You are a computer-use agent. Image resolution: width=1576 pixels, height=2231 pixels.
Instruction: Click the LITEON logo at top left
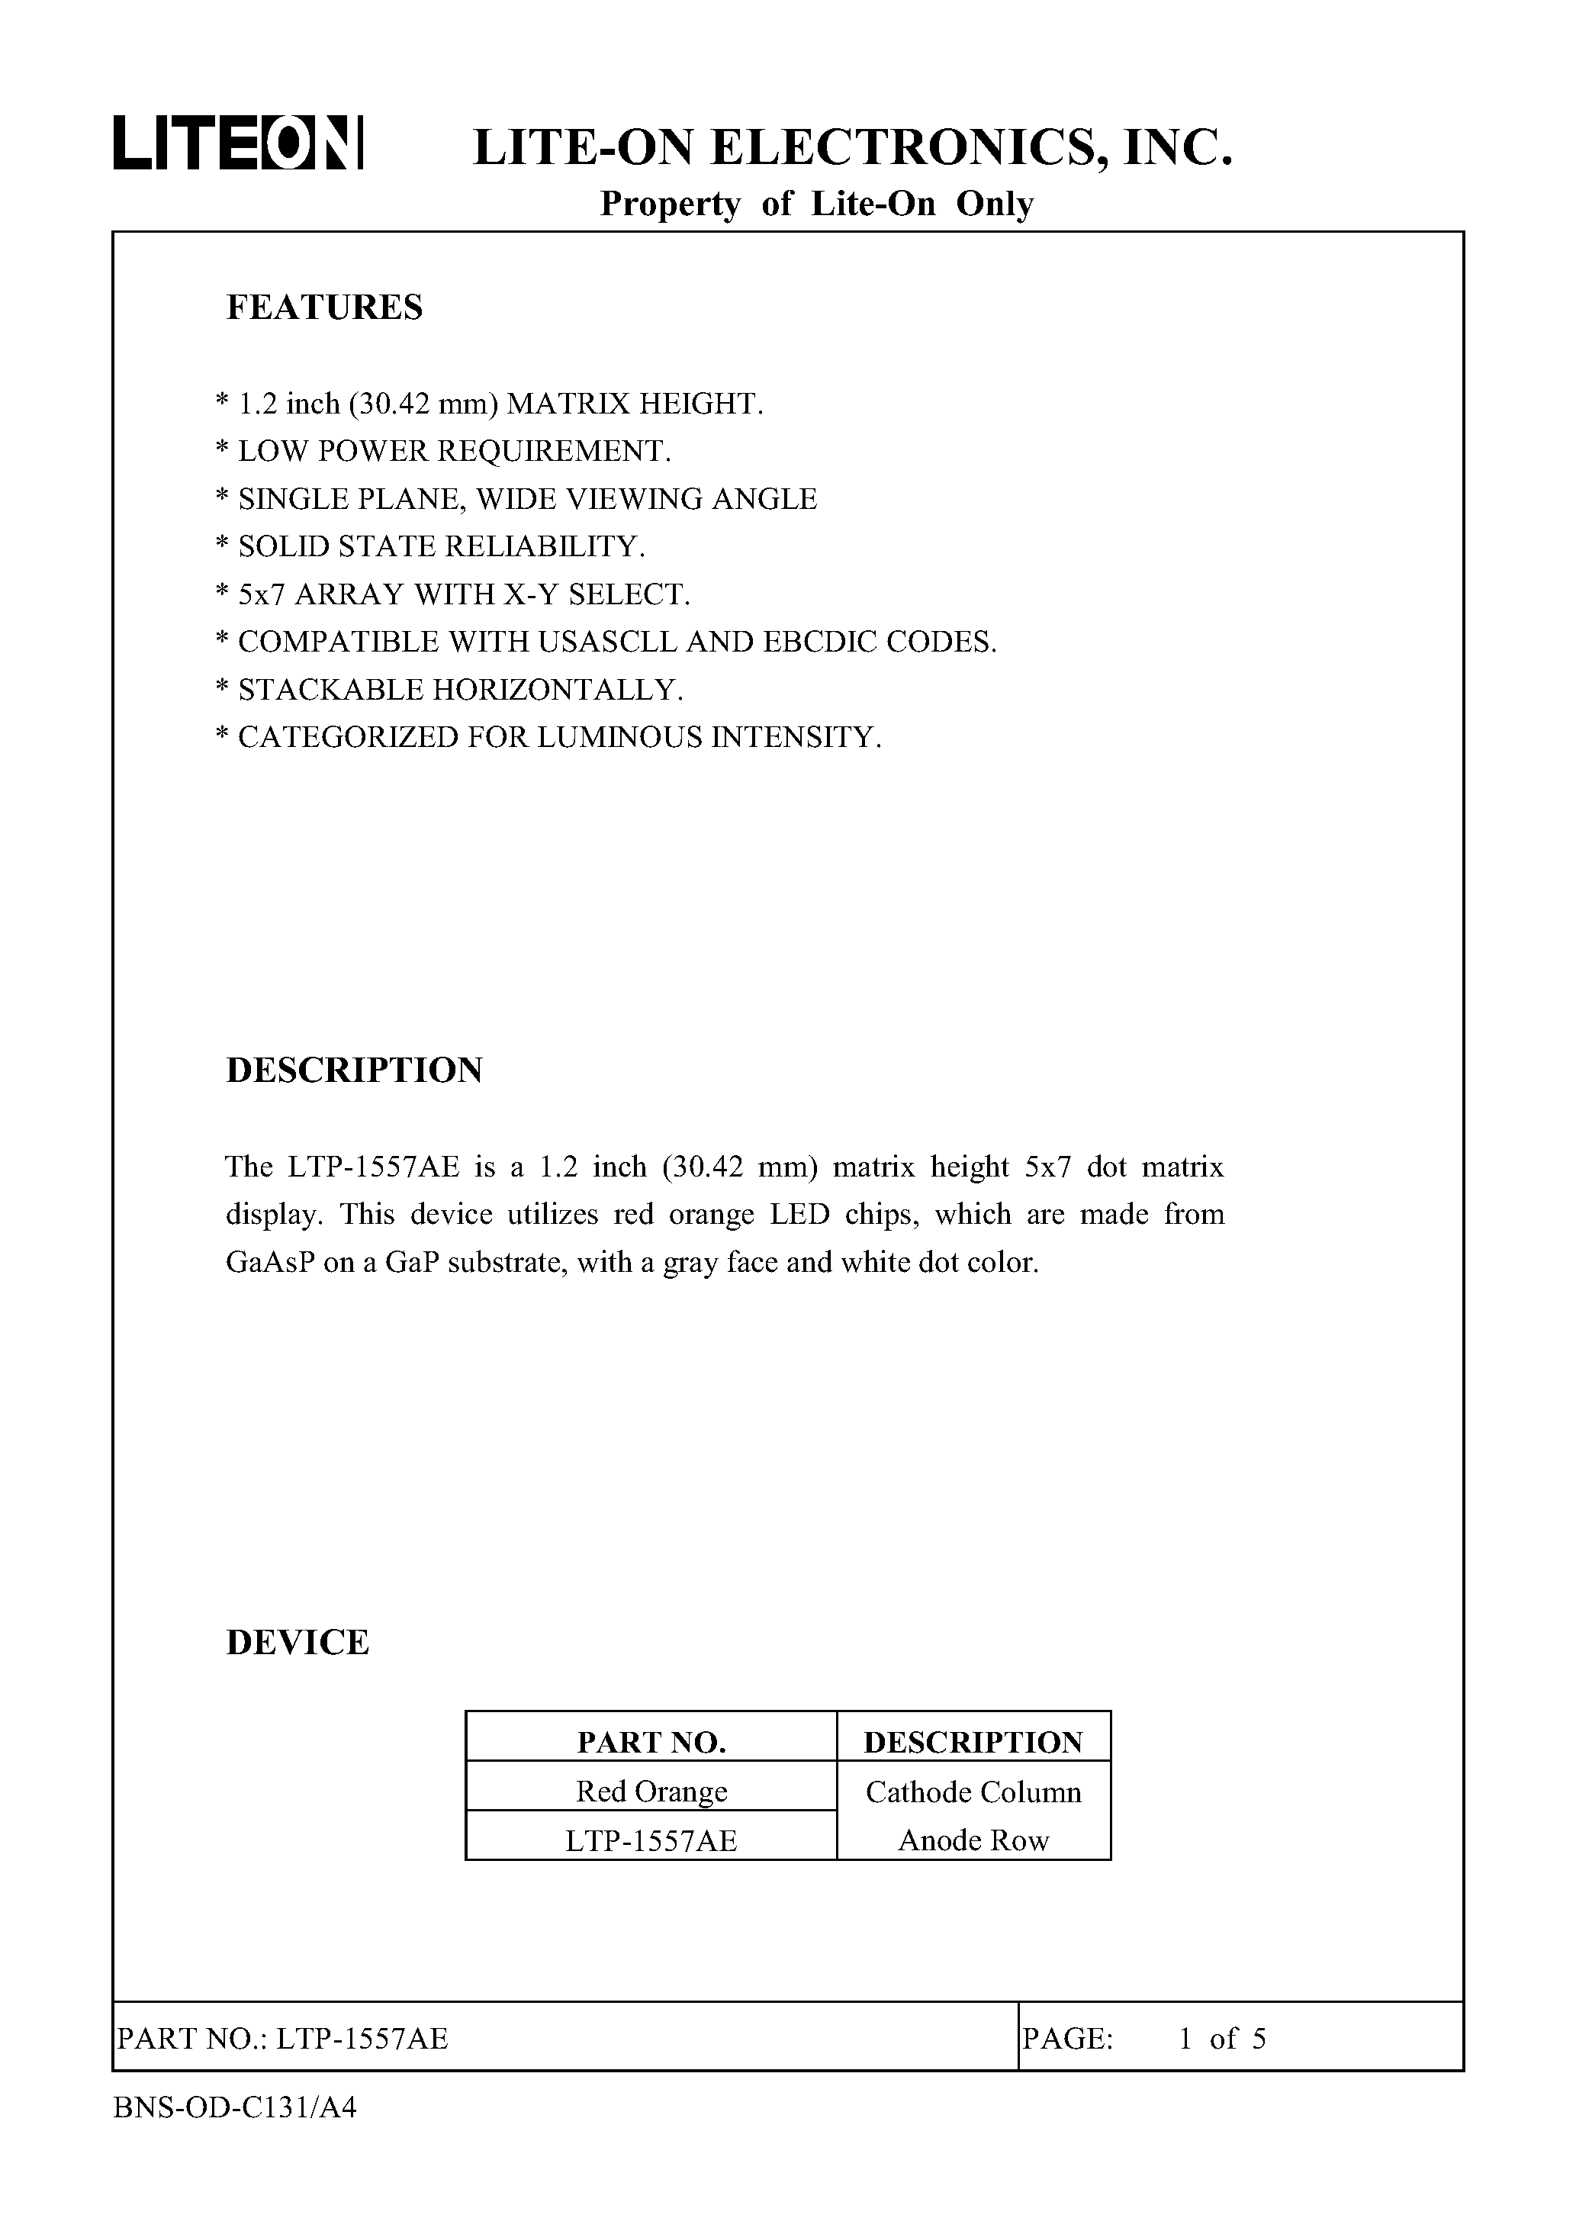(238, 143)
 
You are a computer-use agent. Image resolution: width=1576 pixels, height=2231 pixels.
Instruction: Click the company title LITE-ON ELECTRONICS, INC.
(852, 148)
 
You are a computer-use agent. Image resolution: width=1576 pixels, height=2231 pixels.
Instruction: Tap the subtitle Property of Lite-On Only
(816, 204)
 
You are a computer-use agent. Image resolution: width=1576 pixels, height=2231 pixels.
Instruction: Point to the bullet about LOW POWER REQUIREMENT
(444, 451)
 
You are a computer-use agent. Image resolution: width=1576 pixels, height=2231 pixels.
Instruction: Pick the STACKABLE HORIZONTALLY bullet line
(450, 690)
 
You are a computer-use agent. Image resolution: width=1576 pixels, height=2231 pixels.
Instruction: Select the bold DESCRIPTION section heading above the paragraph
(355, 1070)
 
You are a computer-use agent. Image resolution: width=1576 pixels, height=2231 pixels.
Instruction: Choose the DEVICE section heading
(298, 1642)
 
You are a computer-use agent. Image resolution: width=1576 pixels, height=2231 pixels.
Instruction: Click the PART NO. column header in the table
(651, 1742)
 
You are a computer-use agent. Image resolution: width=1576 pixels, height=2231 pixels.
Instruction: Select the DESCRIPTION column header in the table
(973, 1742)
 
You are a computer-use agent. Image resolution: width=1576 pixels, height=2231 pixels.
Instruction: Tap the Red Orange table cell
(651, 1791)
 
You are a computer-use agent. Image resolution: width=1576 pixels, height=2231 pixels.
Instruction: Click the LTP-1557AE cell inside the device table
(651, 1840)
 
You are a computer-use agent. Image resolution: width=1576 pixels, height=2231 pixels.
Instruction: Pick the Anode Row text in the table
(973, 1840)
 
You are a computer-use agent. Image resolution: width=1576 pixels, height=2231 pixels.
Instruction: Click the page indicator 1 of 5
(1221, 2039)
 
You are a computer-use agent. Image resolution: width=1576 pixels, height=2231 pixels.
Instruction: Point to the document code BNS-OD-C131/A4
(235, 2107)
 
